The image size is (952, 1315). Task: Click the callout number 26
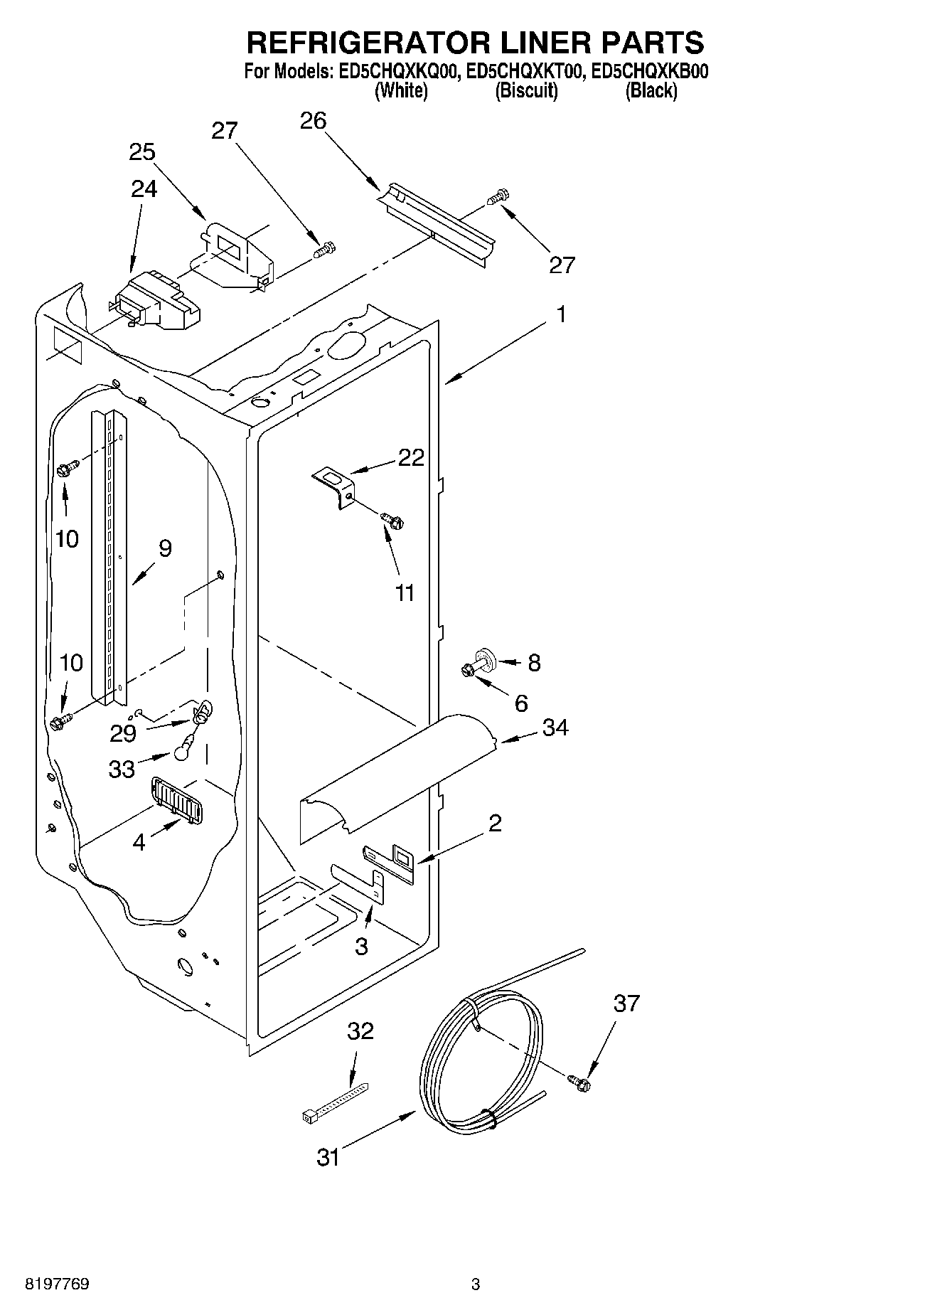pos(313,121)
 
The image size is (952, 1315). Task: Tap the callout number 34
pos(555,728)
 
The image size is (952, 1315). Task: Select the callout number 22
pos(411,457)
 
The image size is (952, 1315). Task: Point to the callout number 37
pos(626,1003)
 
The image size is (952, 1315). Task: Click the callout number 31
pos(328,1158)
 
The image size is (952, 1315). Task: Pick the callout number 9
pos(165,548)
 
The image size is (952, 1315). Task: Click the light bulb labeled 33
pos(183,746)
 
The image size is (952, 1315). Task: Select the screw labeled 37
pos(579,1082)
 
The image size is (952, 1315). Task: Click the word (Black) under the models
pos(651,91)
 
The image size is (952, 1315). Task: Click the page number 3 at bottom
pos(476,1284)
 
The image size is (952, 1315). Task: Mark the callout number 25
pos(142,153)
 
